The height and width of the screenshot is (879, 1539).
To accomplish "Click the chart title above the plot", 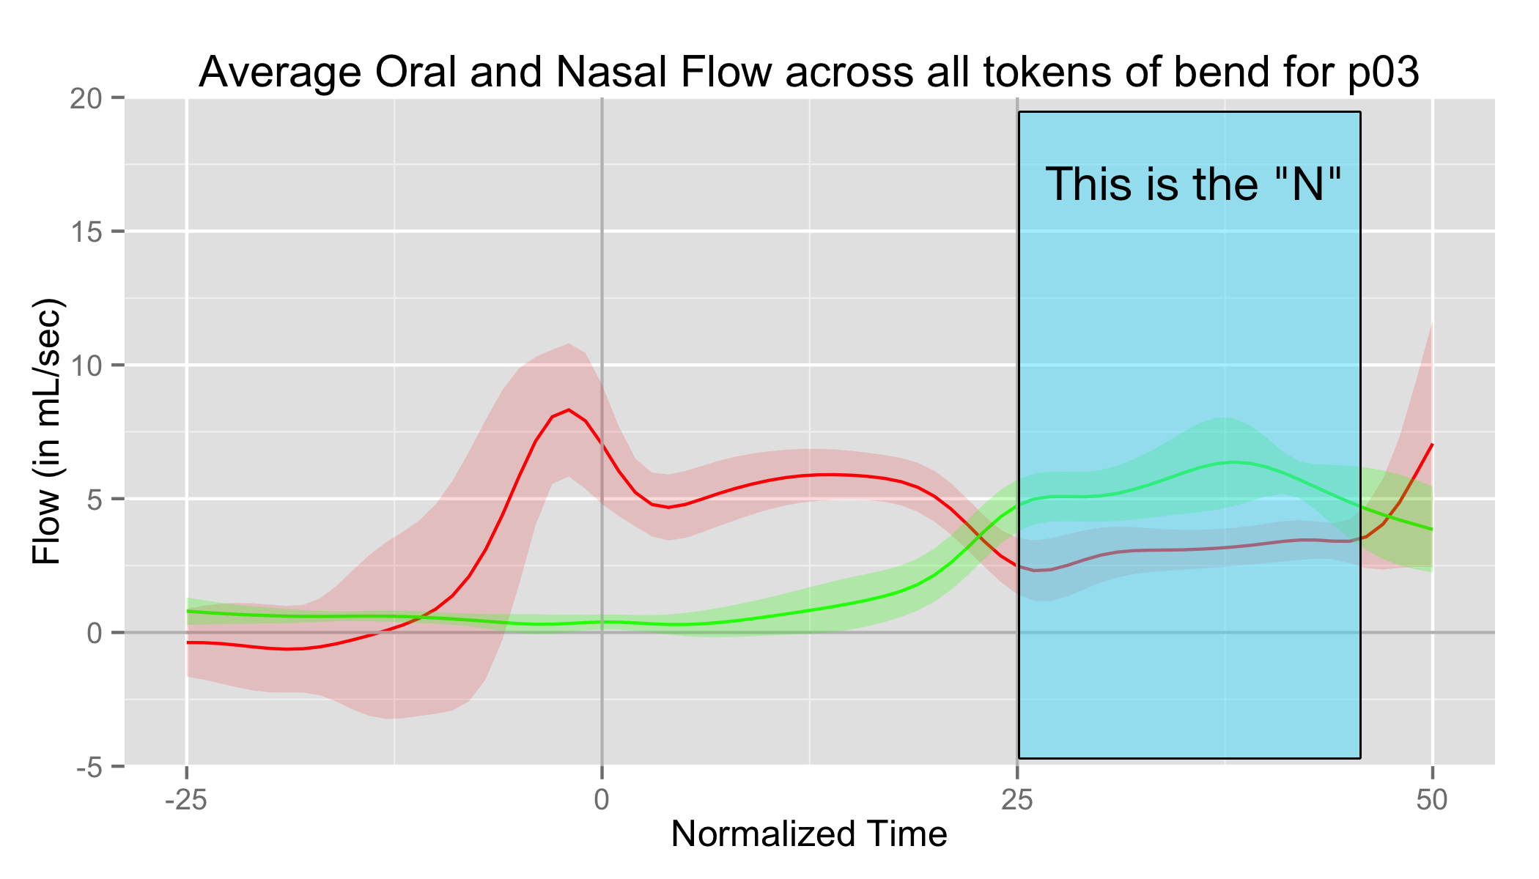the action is pyautogui.click(x=809, y=72).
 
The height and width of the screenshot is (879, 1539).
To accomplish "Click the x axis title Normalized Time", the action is pyautogui.click(x=809, y=834).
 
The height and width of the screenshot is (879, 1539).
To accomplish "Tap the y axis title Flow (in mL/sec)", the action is pyautogui.click(x=47, y=431).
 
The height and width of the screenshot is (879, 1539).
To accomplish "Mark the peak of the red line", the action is pyautogui.click(x=568, y=409).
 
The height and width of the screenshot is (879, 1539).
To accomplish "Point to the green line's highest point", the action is pyautogui.click(x=1235, y=462).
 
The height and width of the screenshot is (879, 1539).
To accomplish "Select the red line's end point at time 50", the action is pyautogui.click(x=1432, y=444).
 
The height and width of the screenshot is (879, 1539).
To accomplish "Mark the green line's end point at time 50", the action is pyautogui.click(x=1432, y=530).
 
